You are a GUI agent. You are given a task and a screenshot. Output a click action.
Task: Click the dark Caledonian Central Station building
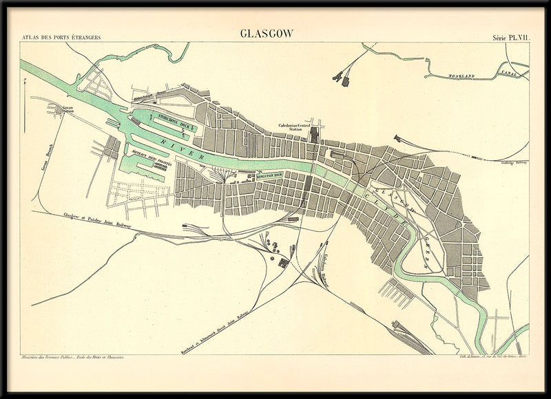pyautogui.click(x=315, y=133)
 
